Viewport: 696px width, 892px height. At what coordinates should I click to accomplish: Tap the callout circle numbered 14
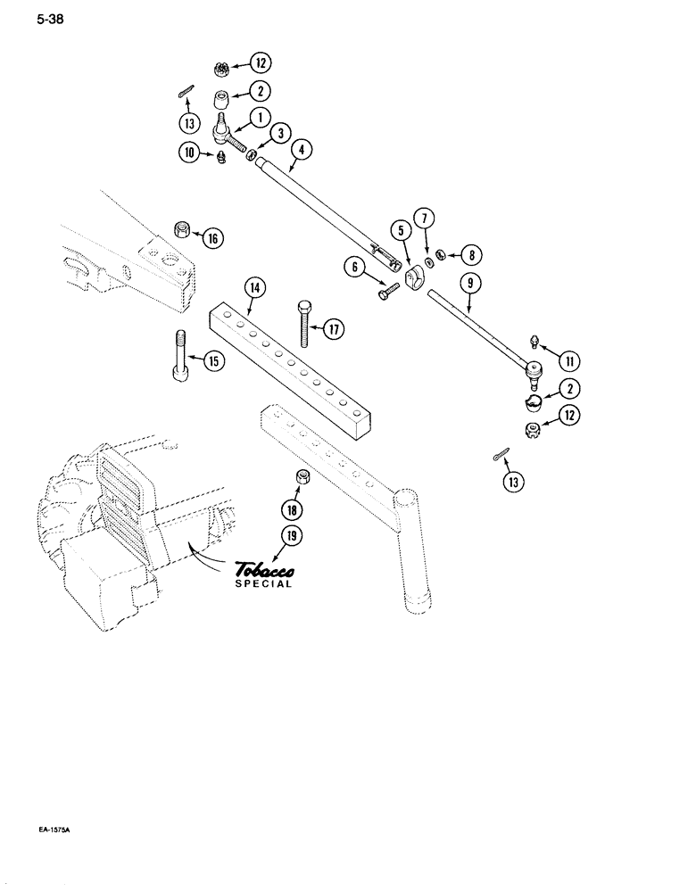pos(254,287)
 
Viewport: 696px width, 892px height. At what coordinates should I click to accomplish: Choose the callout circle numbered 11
pos(569,361)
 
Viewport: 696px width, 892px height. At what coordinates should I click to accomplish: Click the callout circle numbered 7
pos(424,218)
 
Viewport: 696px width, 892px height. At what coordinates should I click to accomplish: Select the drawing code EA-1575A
pos(54,830)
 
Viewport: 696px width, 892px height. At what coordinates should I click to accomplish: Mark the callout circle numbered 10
pos(189,153)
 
